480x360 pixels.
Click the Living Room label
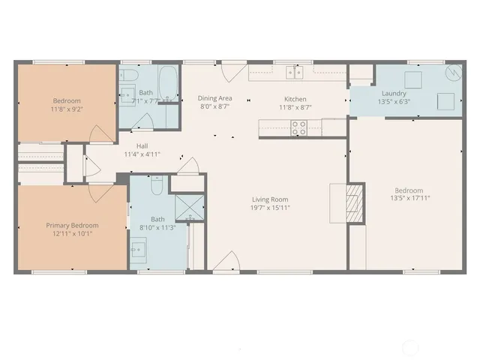pyautogui.click(x=271, y=199)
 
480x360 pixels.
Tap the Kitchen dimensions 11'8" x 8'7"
pyautogui.click(x=295, y=108)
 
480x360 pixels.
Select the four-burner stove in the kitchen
pyautogui.click(x=298, y=128)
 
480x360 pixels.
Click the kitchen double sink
pyautogui.click(x=294, y=73)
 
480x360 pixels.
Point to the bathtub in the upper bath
pyautogui.click(x=169, y=82)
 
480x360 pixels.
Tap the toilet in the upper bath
pyautogui.click(x=128, y=76)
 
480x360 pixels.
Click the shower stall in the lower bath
pyautogui.click(x=184, y=207)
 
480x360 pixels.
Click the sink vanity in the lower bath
pyautogui.click(x=139, y=250)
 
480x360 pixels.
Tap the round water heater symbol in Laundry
pyautogui.click(x=452, y=73)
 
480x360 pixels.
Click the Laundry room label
pyautogui.click(x=394, y=94)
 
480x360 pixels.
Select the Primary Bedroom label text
pyautogui.click(x=72, y=225)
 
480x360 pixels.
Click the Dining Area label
pyautogui.click(x=214, y=98)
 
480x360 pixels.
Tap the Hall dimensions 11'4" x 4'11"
pyautogui.click(x=142, y=154)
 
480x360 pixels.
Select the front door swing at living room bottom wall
pyautogui.click(x=226, y=262)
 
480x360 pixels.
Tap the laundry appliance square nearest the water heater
pyautogui.click(x=445, y=100)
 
